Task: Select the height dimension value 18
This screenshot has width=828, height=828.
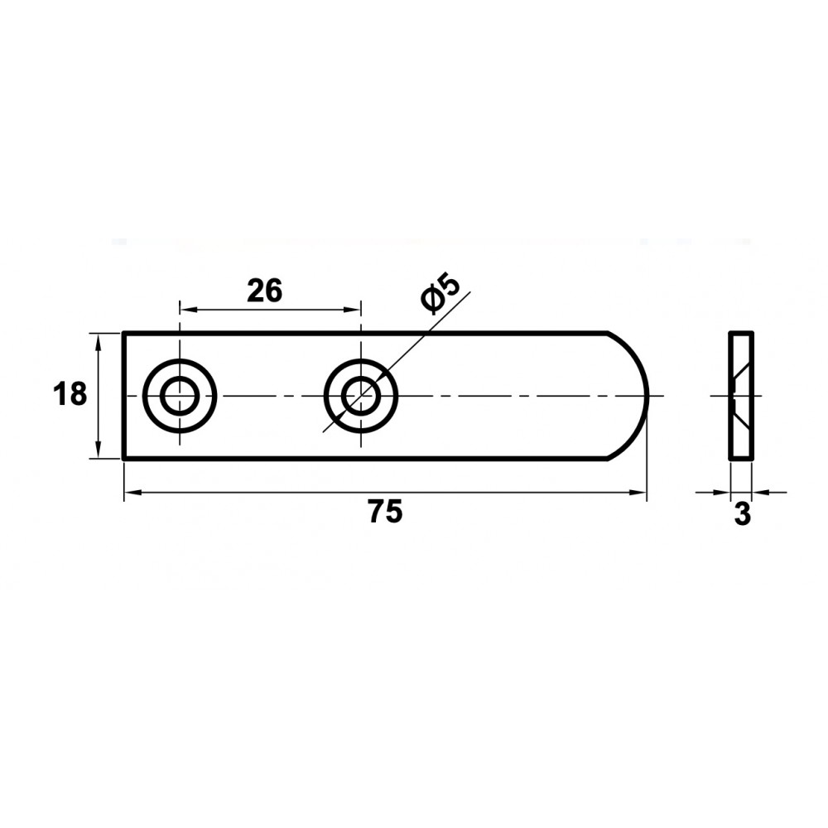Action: click(70, 394)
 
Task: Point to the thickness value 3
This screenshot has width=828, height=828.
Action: click(743, 514)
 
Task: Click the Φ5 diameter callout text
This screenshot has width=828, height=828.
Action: click(440, 292)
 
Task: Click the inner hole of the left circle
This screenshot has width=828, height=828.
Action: click(180, 396)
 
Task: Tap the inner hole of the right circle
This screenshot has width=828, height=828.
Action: click(361, 396)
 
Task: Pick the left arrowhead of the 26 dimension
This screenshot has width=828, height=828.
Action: click(187, 309)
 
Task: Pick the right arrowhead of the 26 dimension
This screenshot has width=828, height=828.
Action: click(353, 309)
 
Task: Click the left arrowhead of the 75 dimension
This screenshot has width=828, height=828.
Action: click(132, 493)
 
